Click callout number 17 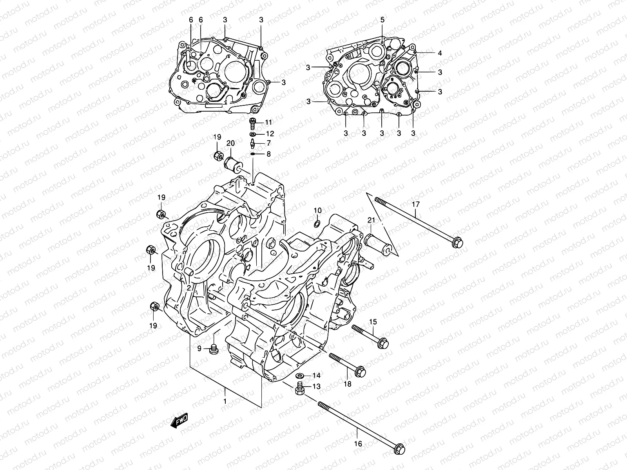coord(415,204)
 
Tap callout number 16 coord(358,444)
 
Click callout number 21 coord(371,221)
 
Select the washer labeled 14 coord(299,376)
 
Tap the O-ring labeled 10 coord(317,224)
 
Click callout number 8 coord(268,154)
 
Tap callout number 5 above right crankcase coord(382,20)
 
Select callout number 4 coord(440,53)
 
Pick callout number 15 coord(373,322)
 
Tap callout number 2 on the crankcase coord(189,288)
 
